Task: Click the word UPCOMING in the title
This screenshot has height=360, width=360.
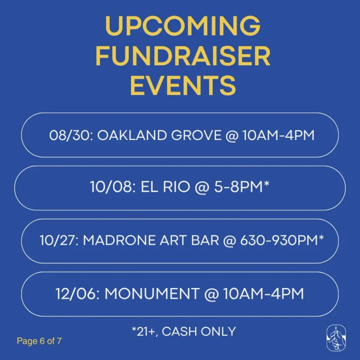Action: point(183,27)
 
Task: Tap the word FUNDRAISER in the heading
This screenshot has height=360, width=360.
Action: point(183,56)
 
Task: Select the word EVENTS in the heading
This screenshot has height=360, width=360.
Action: point(183,85)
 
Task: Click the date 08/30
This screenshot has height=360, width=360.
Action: point(70,135)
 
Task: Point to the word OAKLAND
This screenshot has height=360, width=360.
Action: point(132,135)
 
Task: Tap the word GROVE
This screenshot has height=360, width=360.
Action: point(196,135)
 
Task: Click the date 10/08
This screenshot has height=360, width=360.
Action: point(111,187)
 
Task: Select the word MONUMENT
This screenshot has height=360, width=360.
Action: point(152,293)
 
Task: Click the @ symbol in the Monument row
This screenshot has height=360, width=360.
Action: point(211,294)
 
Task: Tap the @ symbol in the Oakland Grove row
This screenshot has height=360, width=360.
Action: point(232,136)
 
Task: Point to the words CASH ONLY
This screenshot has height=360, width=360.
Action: point(199,331)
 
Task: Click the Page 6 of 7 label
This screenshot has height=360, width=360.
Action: point(39,341)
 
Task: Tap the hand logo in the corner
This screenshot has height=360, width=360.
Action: point(336,338)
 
